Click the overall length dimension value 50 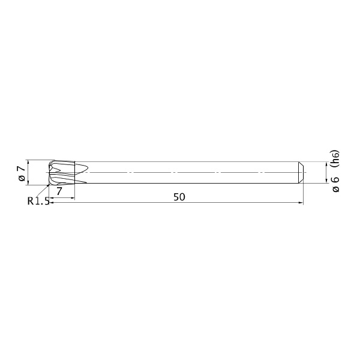coord(179,197)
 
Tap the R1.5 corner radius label coord(38,201)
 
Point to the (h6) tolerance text coord(335,158)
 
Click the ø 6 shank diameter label coord(335,184)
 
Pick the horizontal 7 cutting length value coord(59,191)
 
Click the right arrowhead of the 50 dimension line coord(301,203)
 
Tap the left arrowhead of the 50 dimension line coord(52,203)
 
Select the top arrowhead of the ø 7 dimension coord(28,162)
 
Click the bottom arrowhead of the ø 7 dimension coord(28,183)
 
